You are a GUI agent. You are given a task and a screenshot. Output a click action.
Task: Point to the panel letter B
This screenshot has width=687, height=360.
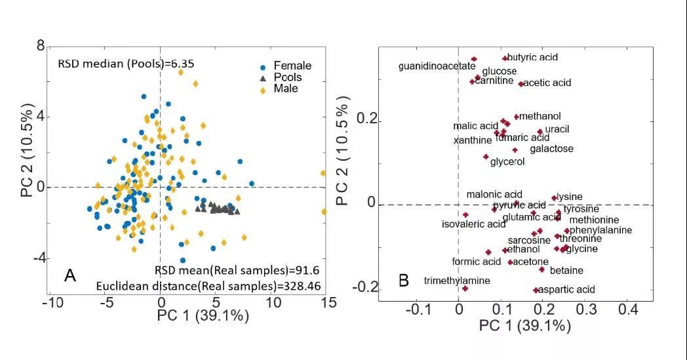[x=404, y=281]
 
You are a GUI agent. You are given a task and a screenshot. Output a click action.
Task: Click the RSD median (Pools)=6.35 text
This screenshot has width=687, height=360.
[x=126, y=64]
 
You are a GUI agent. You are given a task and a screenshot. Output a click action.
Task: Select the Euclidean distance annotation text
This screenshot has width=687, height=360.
[x=208, y=286]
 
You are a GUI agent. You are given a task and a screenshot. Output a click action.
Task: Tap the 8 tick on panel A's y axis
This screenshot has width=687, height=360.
[x=41, y=46]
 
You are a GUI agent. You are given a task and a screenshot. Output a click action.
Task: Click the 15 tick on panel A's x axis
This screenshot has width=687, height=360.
[x=328, y=302]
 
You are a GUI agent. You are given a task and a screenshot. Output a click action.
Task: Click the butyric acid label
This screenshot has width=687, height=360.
[x=533, y=58]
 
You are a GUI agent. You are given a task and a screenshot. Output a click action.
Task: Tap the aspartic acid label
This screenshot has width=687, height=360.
[x=568, y=289]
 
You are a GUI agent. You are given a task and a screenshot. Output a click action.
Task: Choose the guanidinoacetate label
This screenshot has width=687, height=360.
[x=437, y=66]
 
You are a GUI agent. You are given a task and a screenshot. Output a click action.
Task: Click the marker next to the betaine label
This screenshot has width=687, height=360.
[x=542, y=270]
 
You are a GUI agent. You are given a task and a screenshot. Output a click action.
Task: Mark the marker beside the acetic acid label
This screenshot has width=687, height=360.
[x=521, y=84]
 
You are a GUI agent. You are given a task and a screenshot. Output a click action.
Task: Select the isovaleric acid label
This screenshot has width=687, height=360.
[x=474, y=224]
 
